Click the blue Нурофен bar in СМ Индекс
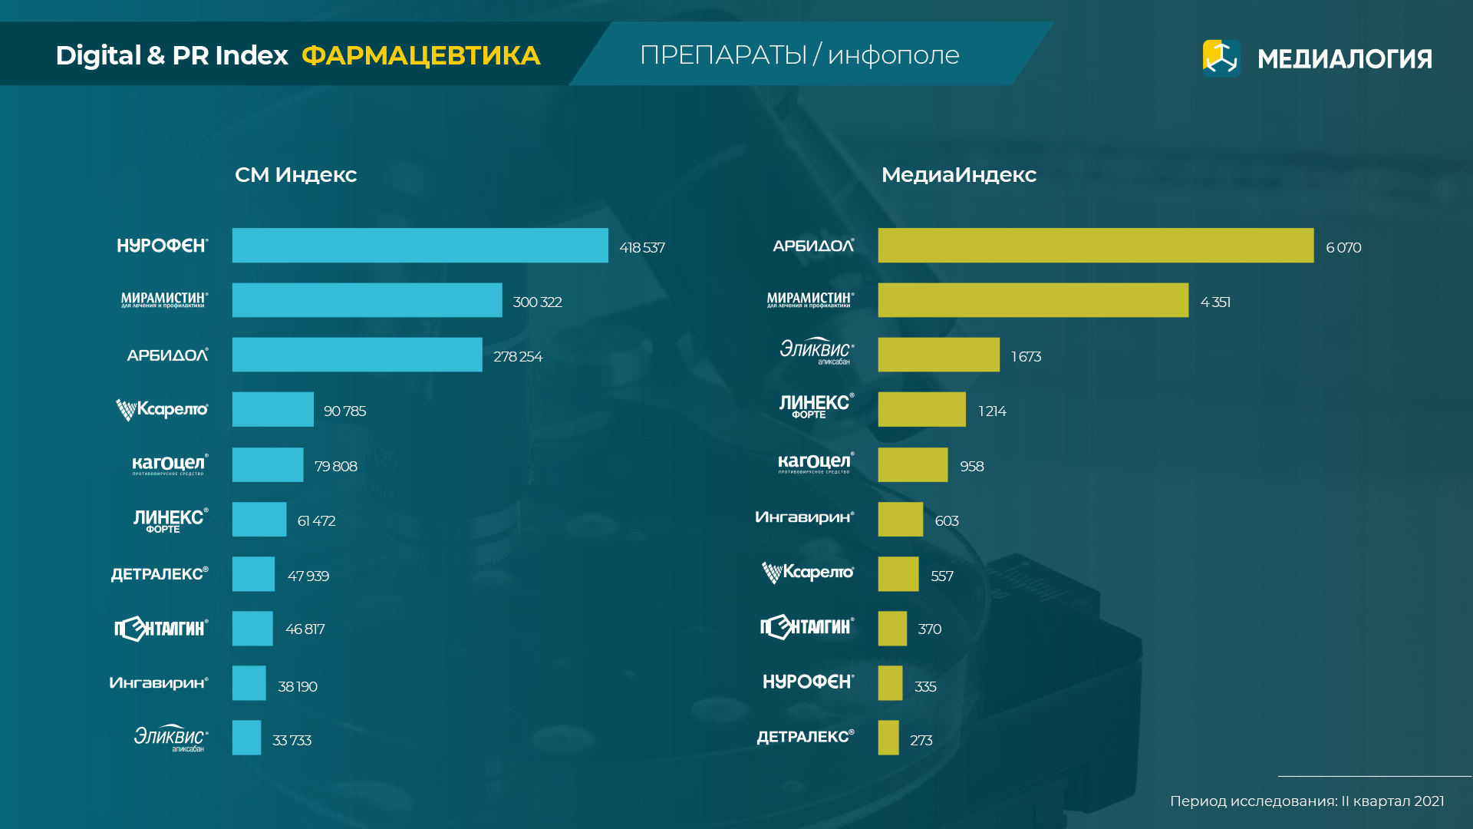pyautogui.click(x=420, y=246)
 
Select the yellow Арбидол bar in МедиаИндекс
pyautogui.click(x=1096, y=246)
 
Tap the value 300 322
pyautogui.click(x=537, y=302)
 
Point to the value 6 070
pyautogui.click(x=1343, y=248)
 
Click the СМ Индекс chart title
pyautogui.click(x=295, y=175)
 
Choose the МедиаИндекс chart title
pyautogui.click(x=958, y=175)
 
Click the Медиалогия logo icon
pyautogui.click(x=1221, y=58)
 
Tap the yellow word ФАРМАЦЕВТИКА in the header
pyautogui.click(x=420, y=55)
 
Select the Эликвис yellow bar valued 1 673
pyautogui.click(x=938, y=355)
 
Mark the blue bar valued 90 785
pyautogui.click(x=272, y=409)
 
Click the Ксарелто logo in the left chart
pyautogui.click(x=162, y=410)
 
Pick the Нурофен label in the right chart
pyautogui.click(x=808, y=682)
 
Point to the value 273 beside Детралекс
pyautogui.click(x=921, y=741)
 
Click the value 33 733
pyautogui.click(x=292, y=741)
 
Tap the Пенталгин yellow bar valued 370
pyautogui.click(x=892, y=629)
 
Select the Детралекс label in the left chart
pyautogui.click(x=160, y=574)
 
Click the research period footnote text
pyautogui.click(x=1307, y=801)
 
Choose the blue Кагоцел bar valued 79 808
pyautogui.click(x=268, y=464)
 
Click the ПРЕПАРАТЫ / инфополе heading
pyautogui.click(x=799, y=55)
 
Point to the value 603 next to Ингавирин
pyautogui.click(x=947, y=521)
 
